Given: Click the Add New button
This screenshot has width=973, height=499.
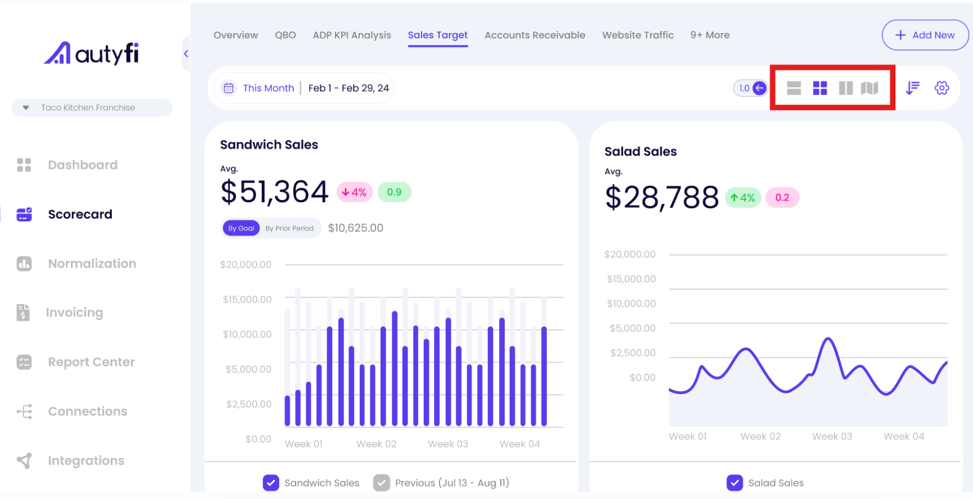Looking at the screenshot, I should tap(925, 35).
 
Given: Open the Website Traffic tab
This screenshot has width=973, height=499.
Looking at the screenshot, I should tap(637, 35).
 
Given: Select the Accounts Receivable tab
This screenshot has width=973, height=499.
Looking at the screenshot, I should tap(535, 35).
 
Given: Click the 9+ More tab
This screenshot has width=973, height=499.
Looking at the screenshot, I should tap(709, 35).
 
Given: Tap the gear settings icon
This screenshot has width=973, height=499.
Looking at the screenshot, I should tap(942, 88).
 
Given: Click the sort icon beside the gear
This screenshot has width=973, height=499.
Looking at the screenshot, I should tap(912, 88).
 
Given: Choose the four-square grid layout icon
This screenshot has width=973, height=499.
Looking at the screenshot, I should tap(820, 88).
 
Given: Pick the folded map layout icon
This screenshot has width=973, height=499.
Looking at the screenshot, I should tap(869, 88).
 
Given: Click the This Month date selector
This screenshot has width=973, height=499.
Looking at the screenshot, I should tap(268, 88).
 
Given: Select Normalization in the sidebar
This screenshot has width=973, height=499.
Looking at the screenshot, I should tap(92, 264).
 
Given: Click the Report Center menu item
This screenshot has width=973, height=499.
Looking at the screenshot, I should tap(91, 362).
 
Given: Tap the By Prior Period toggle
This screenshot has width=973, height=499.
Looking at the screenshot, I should tap(289, 228).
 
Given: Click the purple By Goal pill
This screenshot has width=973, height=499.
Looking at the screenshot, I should tap(241, 228).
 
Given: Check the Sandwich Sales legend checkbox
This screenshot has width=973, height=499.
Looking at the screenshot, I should tap(271, 483).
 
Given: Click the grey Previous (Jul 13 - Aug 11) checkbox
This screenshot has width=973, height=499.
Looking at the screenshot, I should tap(382, 483).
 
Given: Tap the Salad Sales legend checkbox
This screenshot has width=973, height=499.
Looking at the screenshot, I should tap(734, 483).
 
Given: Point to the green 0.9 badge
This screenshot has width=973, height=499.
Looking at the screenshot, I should tap(394, 192).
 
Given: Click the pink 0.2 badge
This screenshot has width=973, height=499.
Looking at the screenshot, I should tap(782, 197).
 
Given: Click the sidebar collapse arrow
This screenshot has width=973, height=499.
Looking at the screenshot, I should tap(186, 53).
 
